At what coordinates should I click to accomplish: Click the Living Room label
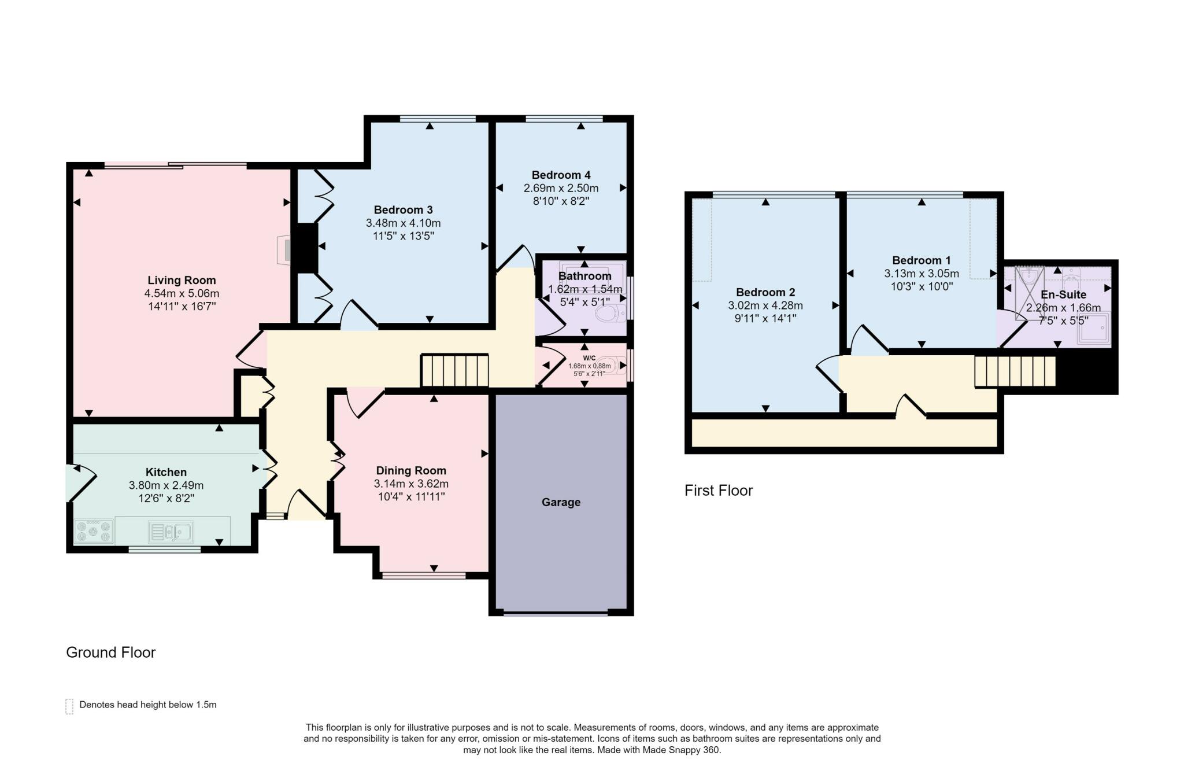tap(182, 281)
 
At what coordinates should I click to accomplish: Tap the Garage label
tap(561, 502)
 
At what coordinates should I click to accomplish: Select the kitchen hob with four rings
tap(94, 531)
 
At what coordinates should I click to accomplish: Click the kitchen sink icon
tap(171, 532)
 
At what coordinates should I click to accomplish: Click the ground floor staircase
tap(454, 371)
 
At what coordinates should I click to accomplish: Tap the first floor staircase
tap(1015, 371)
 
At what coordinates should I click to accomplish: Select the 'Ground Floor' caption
tap(111, 653)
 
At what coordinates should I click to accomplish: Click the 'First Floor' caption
tap(719, 491)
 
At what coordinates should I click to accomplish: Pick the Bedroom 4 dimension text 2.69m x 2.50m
tap(561, 188)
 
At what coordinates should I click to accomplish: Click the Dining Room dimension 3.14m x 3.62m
tap(411, 484)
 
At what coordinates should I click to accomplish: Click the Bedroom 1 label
tap(921, 260)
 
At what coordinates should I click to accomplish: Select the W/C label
tap(589, 358)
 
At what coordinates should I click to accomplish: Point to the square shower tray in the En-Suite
tap(1094, 329)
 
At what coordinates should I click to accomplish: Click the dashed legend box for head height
tap(69, 706)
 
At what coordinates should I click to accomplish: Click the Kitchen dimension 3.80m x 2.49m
tap(166, 485)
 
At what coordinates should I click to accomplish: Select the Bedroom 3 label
tap(403, 210)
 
